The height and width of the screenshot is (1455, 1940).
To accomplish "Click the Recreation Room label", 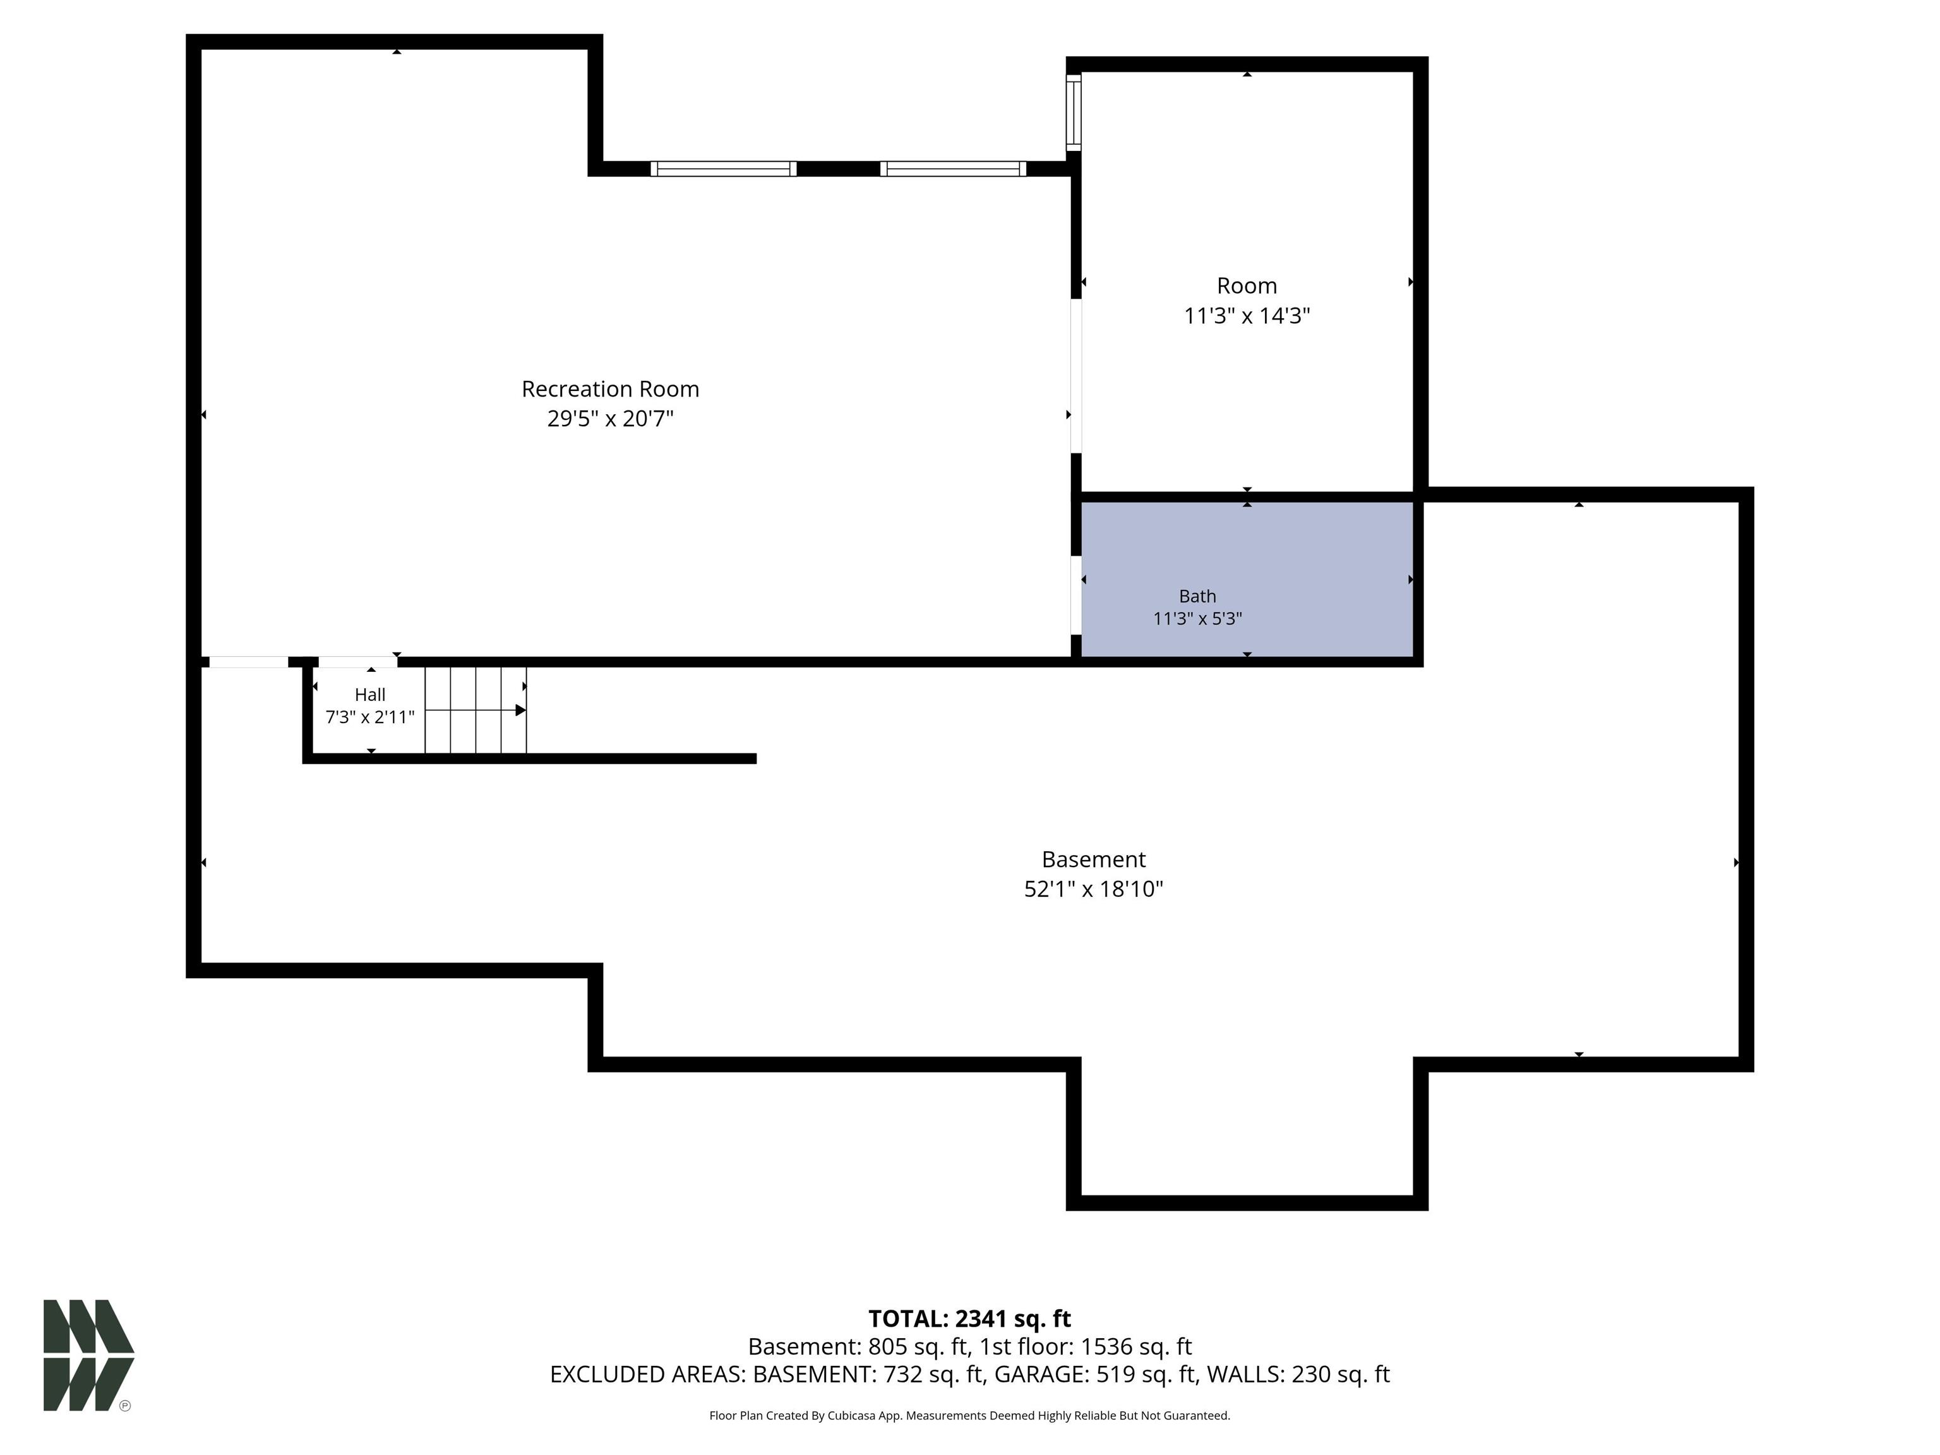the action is [611, 388].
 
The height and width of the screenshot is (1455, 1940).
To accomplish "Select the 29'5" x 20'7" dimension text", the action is [611, 418].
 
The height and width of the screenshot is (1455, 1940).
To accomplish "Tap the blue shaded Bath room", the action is [1247, 579].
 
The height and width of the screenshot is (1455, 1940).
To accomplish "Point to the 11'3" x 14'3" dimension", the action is [1247, 316].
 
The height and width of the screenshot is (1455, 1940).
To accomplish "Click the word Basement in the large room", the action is [1094, 859].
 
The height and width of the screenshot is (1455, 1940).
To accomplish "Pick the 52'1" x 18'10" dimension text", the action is [1094, 889].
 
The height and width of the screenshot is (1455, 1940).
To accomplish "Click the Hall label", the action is [370, 695].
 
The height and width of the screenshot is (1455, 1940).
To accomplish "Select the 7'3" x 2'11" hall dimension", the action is [370, 717].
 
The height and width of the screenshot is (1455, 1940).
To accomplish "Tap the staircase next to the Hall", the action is [476, 710].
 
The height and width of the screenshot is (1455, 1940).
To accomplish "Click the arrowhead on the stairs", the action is [521, 710].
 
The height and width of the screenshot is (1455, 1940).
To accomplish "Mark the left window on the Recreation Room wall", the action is [724, 169].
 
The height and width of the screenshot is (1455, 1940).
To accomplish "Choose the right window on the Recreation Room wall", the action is [954, 169].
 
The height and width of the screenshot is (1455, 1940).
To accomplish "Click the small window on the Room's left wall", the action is [1074, 112].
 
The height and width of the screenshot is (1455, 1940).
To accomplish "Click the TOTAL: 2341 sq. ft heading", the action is [970, 1318].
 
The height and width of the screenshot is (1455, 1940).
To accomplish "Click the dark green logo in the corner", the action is [88, 1355].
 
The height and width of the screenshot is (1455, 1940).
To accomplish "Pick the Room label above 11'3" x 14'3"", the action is [1247, 286].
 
